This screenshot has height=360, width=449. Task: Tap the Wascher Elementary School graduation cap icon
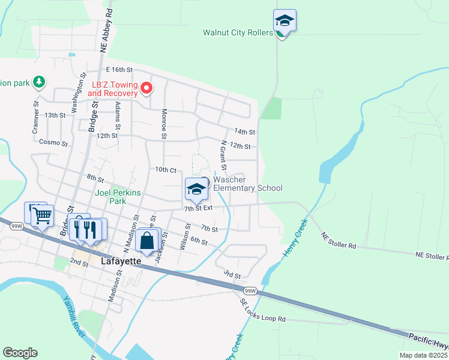(x=196, y=190)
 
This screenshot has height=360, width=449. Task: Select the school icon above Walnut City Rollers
(x=284, y=22)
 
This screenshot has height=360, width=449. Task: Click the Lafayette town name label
(x=121, y=262)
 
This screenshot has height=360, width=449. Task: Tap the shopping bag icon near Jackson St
(x=148, y=241)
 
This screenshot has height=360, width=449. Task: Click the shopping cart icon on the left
(x=42, y=215)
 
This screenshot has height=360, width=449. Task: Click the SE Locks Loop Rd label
(x=263, y=311)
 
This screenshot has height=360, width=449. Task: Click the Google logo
(x=20, y=353)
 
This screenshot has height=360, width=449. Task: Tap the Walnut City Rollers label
(x=238, y=33)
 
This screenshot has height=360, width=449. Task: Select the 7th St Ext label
(x=199, y=208)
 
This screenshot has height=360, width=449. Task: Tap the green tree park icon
(x=39, y=81)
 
